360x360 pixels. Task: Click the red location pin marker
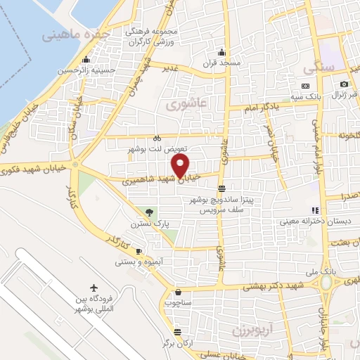point(181,166)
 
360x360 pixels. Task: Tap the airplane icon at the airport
point(95,288)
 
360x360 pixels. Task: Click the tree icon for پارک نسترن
point(148,212)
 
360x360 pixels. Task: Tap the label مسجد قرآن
point(223,63)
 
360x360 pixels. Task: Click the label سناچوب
point(178,303)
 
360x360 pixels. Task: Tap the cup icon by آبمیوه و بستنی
point(139,251)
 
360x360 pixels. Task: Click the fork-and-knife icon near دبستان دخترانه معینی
point(316,210)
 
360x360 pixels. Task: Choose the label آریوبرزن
point(251,328)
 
